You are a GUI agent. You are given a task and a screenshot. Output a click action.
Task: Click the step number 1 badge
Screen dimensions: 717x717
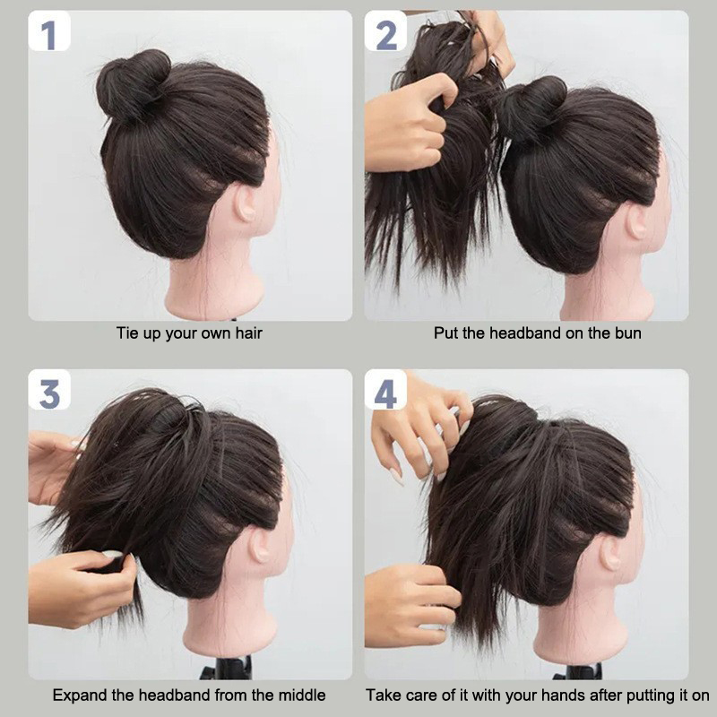[x=49, y=31]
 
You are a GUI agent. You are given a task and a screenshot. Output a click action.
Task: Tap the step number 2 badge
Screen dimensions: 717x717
[x=385, y=31]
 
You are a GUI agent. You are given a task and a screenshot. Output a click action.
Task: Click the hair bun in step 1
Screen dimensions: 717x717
[x=132, y=83]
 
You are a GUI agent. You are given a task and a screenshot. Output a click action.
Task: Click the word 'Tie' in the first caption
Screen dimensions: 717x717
[x=125, y=333]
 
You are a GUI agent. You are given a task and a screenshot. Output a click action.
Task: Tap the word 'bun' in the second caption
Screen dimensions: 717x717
[x=628, y=333]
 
